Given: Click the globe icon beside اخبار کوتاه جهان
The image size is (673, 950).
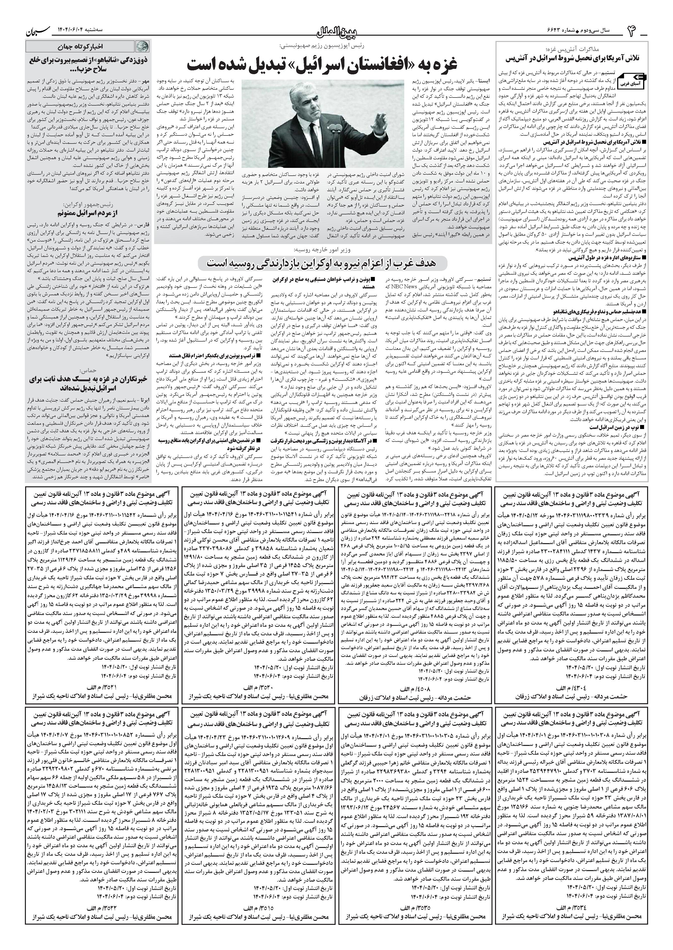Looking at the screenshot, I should (x=141, y=46).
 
